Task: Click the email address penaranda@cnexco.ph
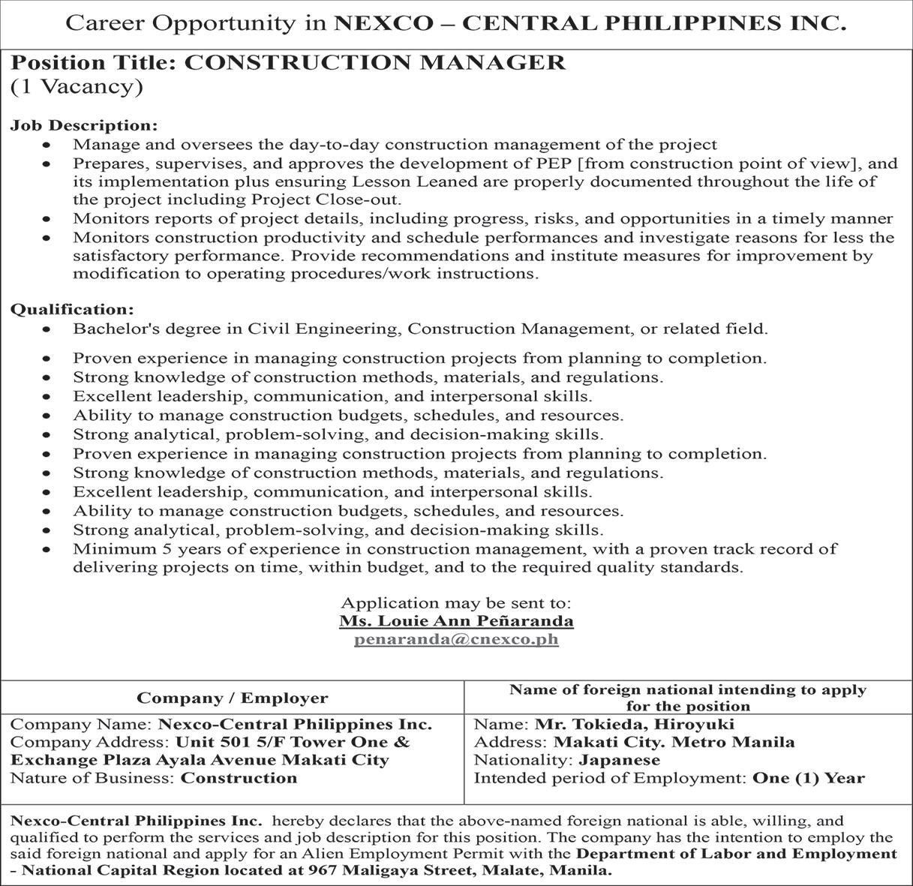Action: (456, 640)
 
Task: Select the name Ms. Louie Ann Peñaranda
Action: (456, 621)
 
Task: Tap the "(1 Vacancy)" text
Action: (76, 87)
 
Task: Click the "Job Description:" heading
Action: (84, 125)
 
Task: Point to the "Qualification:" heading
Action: (72, 309)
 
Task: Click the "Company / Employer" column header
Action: (233, 698)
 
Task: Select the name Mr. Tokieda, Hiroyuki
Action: (634, 725)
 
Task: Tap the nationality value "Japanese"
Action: (620, 760)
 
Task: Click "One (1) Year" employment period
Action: (809, 779)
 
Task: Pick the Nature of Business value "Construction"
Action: (239, 778)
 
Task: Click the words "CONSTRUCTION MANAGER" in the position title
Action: (374, 62)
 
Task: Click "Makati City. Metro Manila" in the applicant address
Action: (674, 743)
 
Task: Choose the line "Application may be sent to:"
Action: (456, 602)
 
